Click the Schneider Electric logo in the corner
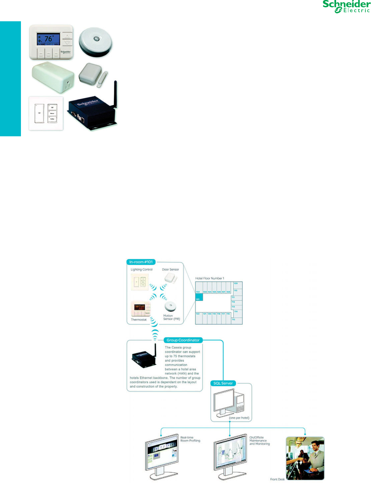346,7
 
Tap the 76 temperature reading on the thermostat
49,39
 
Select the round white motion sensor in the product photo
96,42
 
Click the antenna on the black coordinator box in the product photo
115,93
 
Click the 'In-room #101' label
141,262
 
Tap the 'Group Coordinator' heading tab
183,340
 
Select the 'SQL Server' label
223,383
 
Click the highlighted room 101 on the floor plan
198,297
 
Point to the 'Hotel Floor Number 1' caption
210,278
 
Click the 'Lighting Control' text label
142,270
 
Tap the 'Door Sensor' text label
171,270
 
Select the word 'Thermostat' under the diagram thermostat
139,320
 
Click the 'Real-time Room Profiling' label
190,439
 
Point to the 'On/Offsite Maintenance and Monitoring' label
260,440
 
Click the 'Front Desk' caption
277,479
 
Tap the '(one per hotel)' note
239,418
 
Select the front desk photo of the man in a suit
305,458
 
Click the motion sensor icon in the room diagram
171,306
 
